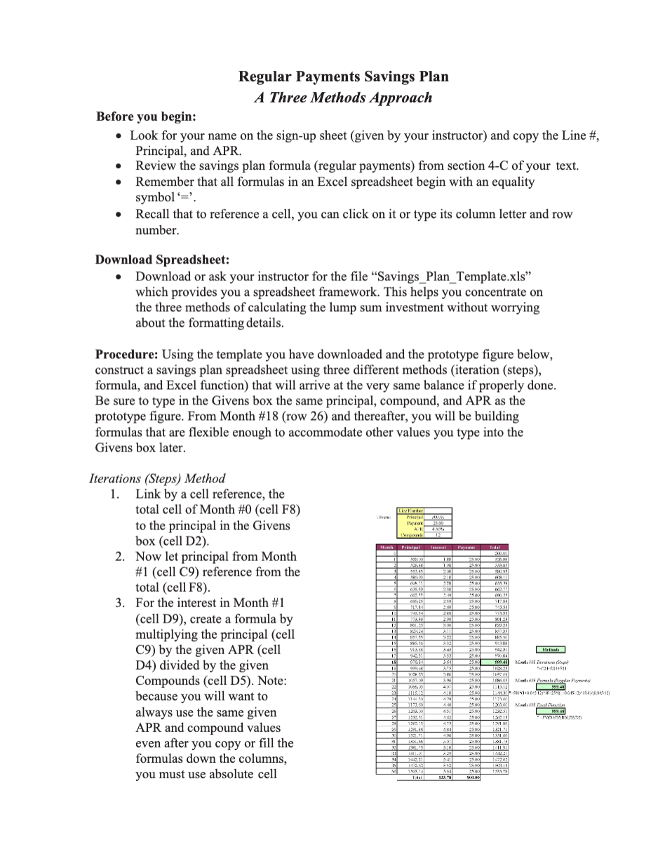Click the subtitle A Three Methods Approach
343,97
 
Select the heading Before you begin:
146,116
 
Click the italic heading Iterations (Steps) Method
157,479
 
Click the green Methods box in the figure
549,650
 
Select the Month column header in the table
385,546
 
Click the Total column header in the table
495,546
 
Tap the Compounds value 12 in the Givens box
438,535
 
